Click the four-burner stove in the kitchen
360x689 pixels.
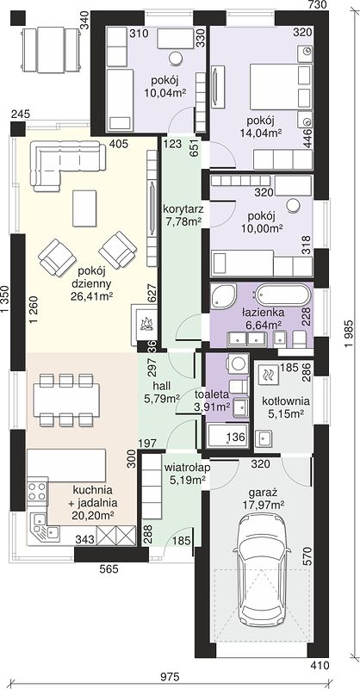37,491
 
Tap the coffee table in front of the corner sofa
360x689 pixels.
84,208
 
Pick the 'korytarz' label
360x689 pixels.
182,208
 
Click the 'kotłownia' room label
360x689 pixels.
286,401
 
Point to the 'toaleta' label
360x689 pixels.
213,394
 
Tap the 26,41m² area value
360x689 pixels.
92,296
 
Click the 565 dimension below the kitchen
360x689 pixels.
109,569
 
